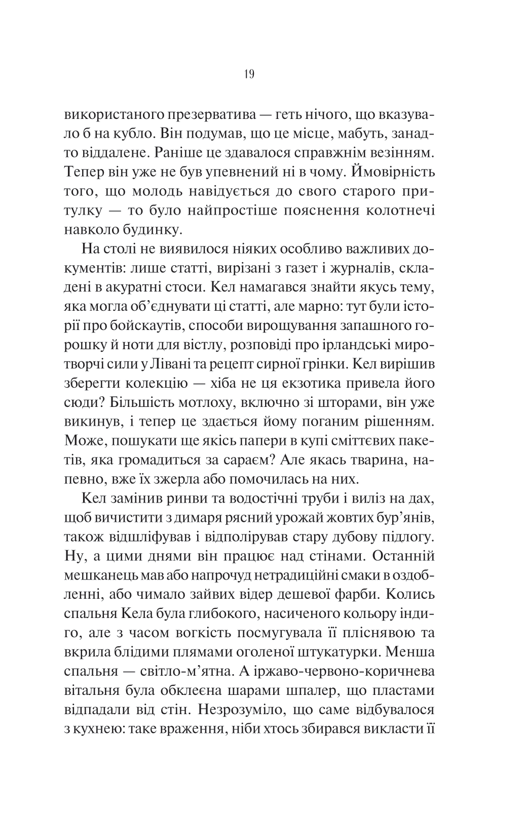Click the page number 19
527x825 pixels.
[x=249, y=75]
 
